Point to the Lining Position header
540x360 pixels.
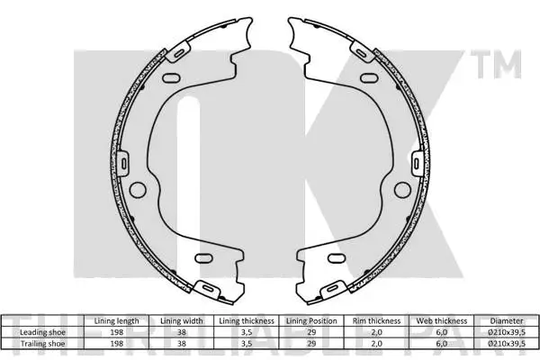[310, 320]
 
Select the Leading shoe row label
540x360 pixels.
[42, 332]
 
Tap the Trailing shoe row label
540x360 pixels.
[42, 343]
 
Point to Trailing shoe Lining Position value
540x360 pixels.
[310, 343]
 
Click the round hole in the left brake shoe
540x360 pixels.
[139, 190]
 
